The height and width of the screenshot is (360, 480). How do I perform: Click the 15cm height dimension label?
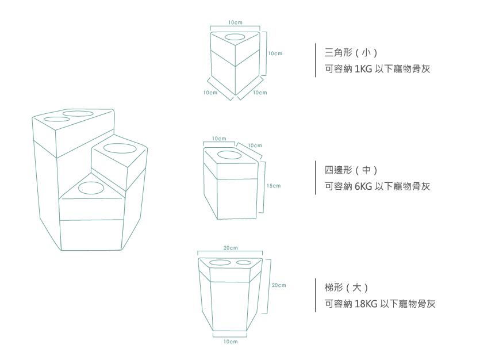click(x=273, y=186)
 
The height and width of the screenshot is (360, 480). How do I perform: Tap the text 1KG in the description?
click(x=363, y=69)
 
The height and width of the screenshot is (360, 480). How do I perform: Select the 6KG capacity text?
click(x=363, y=186)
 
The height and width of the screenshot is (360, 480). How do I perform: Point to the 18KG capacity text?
click(x=366, y=304)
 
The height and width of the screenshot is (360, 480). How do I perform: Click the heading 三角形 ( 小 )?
click(x=351, y=53)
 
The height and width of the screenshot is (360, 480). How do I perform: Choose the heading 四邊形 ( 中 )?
click(x=351, y=170)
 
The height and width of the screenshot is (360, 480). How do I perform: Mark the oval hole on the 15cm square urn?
click(x=229, y=155)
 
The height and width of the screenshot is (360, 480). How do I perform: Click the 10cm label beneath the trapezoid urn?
click(x=230, y=342)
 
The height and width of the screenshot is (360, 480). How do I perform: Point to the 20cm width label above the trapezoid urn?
click(x=230, y=248)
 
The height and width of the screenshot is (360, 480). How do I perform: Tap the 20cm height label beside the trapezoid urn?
click(x=279, y=285)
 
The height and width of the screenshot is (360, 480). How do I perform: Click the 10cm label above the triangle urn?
click(x=235, y=22)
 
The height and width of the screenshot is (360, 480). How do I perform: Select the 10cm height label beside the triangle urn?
click(x=275, y=53)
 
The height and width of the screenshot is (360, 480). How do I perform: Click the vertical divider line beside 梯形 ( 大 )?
click(x=316, y=295)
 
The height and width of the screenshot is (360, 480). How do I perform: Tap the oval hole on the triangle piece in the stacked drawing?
click(x=90, y=187)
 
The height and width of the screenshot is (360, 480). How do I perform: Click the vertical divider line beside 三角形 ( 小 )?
click(x=316, y=60)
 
